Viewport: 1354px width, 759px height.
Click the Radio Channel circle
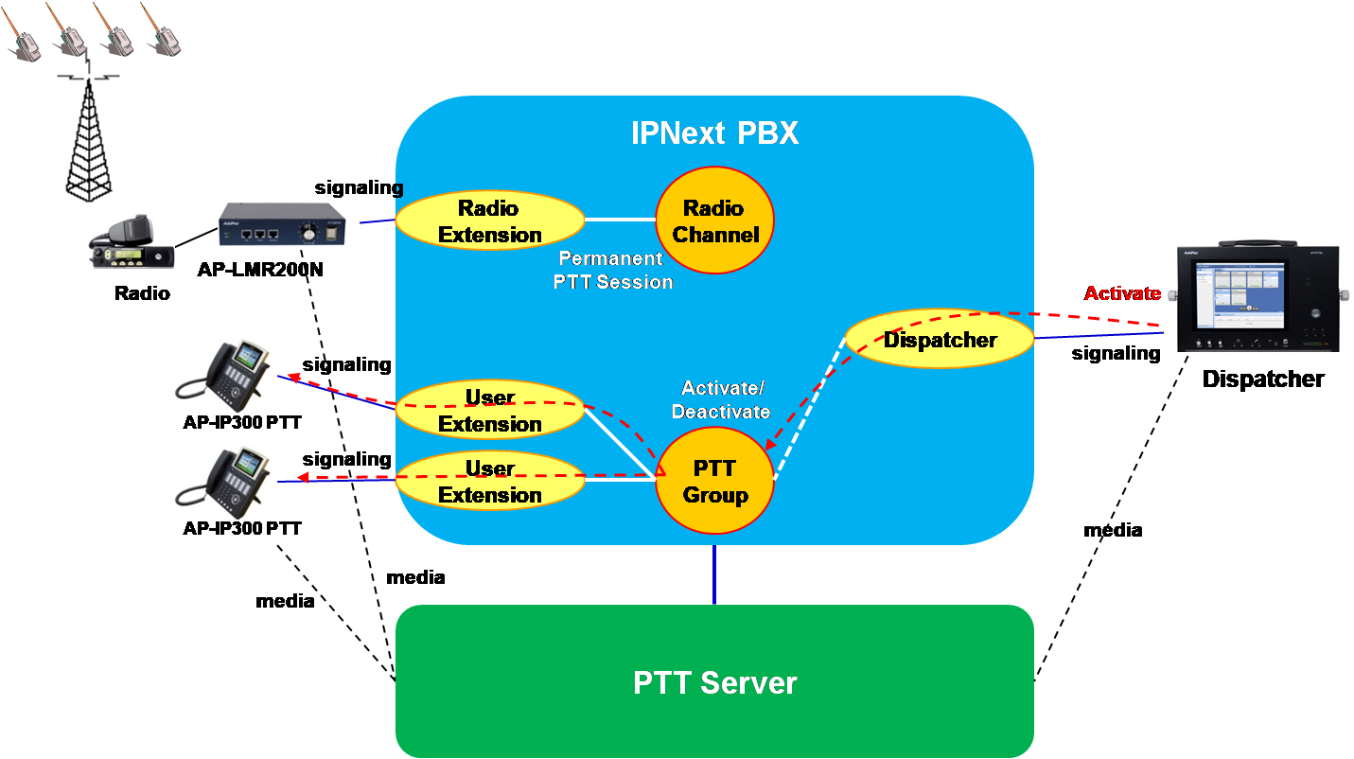click(x=715, y=221)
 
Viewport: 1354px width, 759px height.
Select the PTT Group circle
click(x=715, y=480)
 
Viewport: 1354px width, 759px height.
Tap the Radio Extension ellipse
click(x=489, y=221)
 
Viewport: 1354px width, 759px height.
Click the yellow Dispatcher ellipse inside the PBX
click(x=940, y=340)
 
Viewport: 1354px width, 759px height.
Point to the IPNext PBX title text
click(x=714, y=133)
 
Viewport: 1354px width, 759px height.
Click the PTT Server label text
click(x=714, y=682)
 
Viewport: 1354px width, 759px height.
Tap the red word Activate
click(x=1122, y=293)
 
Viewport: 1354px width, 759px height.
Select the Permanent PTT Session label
click(x=612, y=271)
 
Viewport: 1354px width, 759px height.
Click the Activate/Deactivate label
click(x=721, y=399)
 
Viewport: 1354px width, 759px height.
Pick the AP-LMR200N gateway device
click(x=282, y=224)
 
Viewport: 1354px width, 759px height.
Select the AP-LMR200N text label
click(x=260, y=269)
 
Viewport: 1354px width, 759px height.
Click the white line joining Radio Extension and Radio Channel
click(x=620, y=220)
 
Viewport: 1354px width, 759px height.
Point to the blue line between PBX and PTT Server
click(x=714, y=574)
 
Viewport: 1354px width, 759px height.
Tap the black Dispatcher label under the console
click(x=1263, y=379)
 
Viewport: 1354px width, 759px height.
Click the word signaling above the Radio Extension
click(x=359, y=188)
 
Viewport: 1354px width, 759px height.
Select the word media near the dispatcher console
click(x=1113, y=530)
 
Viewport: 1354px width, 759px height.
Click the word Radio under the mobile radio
click(x=142, y=293)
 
